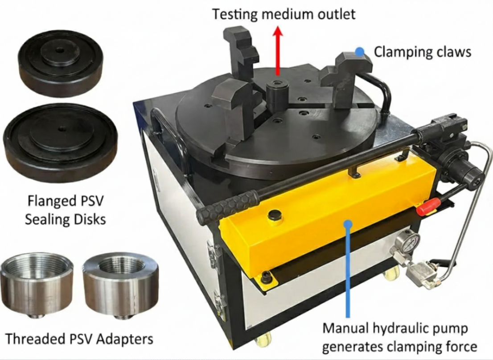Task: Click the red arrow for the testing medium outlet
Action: tap(277, 51)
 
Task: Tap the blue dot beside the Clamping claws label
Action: tap(360, 51)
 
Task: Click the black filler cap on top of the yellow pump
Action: tap(274, 215)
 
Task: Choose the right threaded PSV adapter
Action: tap(121, 285)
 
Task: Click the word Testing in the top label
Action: tap(234, 14)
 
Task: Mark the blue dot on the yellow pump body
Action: tap(348, 224)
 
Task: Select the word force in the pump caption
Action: tap(462, 347)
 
